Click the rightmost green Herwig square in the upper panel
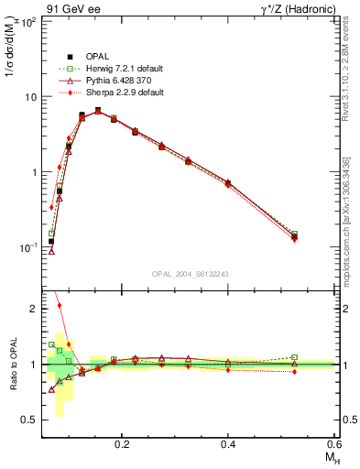pyautogui.click(x=294, y=234)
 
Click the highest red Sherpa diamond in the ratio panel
pyautogui.click(x=60, y=306)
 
